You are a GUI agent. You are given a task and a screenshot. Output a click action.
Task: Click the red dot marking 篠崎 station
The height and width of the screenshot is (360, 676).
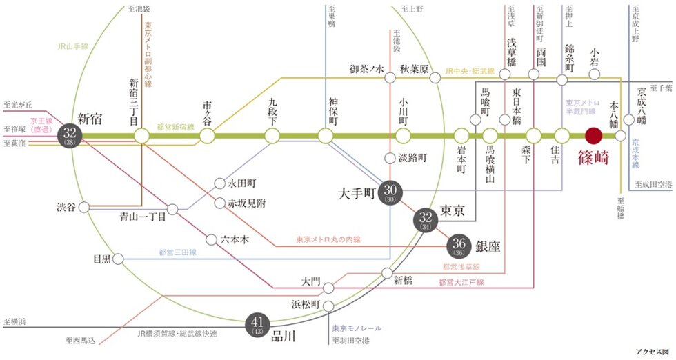[x=594, y=136]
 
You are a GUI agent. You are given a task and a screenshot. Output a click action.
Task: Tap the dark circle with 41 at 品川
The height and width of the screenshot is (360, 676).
[x=257, y=324]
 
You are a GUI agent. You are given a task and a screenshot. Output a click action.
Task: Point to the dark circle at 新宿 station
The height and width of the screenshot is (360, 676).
[x=70, y=136]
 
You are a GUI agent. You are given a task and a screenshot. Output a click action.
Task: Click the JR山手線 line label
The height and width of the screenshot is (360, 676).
[x=75, y=48]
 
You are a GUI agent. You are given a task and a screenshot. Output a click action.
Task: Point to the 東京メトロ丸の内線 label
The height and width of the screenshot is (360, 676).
[x=328, y=239]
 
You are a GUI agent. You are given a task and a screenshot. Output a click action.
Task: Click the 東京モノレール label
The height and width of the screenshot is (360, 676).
[x=357, y=328]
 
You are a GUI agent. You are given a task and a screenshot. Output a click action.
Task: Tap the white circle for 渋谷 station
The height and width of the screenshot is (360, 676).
[x=83, y=207]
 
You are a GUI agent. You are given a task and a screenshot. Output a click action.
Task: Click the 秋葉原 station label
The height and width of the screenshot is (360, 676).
[x=415, y=69]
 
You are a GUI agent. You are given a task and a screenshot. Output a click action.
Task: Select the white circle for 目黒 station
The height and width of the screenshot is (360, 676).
[x=119, y=259]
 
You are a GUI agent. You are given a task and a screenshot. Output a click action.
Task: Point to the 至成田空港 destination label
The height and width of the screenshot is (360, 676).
[x=652, y=184]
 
